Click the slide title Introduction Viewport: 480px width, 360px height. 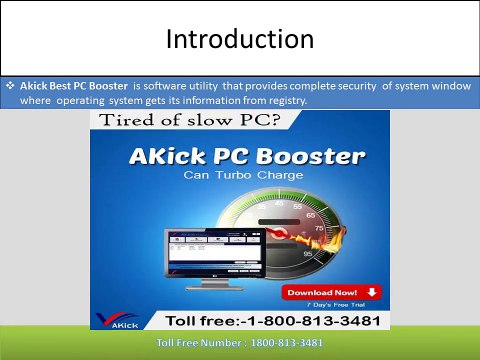coord(239,41)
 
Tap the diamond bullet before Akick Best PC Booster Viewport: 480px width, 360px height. coord(9,87)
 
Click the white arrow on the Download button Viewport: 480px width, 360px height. coord(371,292)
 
